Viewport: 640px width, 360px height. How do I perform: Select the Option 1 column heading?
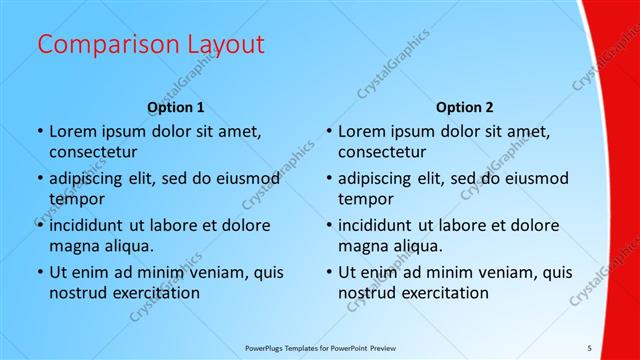point(176,106)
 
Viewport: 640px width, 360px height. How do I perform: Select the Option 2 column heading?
point(465,106)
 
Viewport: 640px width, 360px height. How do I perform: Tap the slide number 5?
point(590,347)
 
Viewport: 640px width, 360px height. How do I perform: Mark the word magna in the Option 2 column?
point(360,245)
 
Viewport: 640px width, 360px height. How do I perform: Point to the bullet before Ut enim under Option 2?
point(327,272)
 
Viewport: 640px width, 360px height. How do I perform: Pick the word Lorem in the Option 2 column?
point(361,131)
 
